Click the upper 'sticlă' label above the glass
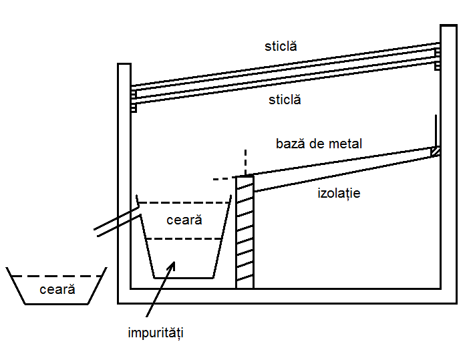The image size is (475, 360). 281,46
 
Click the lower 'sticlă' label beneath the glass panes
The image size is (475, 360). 285,100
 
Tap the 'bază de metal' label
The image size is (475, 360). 319,144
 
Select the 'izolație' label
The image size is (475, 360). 339,194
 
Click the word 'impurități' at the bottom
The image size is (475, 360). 156,333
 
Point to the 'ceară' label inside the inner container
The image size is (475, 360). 184,220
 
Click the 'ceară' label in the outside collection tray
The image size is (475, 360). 57,289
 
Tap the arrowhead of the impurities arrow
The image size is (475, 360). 172,265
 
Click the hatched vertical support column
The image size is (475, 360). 245,232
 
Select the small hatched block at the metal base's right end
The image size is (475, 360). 436,152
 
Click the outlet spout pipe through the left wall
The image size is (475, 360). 118,221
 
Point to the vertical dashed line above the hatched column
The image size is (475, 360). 245,162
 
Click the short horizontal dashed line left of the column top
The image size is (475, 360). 224,179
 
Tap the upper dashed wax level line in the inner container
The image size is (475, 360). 184,202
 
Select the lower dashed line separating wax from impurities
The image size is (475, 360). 184,239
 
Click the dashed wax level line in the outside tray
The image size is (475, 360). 57,276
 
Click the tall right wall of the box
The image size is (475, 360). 449,164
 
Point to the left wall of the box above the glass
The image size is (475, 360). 124,74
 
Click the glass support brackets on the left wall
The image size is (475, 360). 134,102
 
